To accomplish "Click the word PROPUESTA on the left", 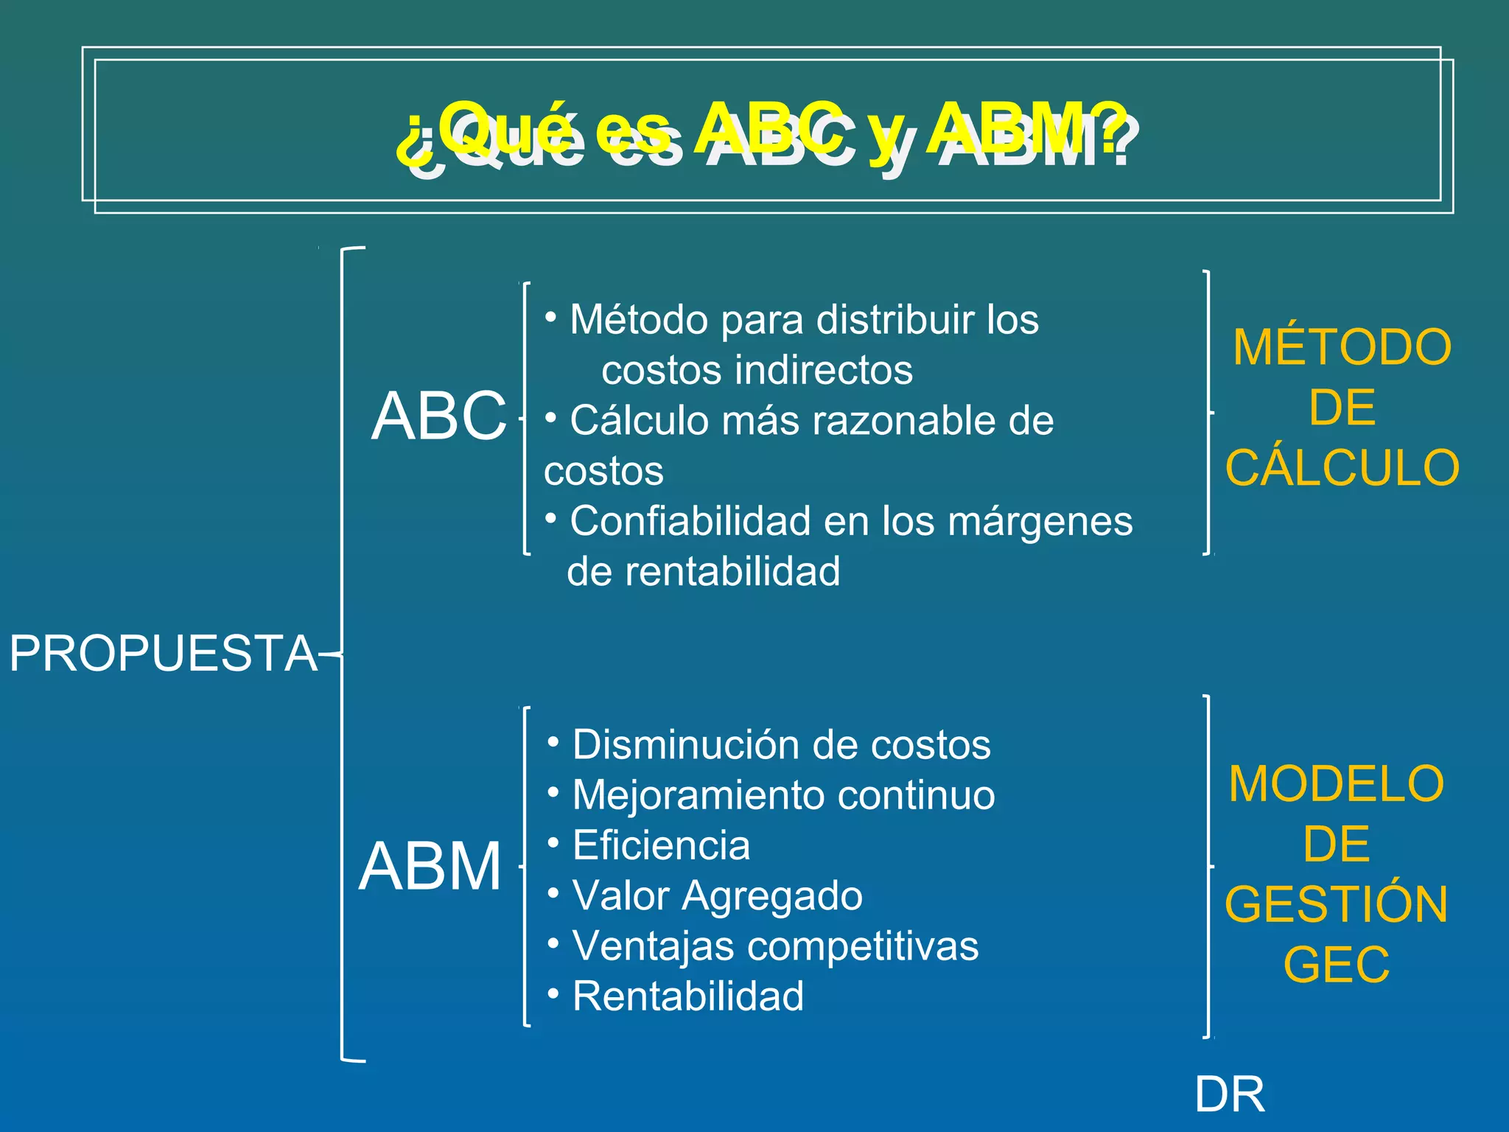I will coord(163,654).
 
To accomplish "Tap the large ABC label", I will coord(439,416).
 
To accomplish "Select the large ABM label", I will coord(430,867).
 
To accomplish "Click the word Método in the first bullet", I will coord(639,320).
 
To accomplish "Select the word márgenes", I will coord(1040,521).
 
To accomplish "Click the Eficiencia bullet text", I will coord(661,845).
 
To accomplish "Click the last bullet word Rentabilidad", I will coord(687,996).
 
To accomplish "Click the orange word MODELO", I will coord(1337,783).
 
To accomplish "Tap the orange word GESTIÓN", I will coord(1337,904).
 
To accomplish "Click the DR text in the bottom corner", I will coord(1230,1094).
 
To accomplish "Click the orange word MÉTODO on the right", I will coord(1342,347).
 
